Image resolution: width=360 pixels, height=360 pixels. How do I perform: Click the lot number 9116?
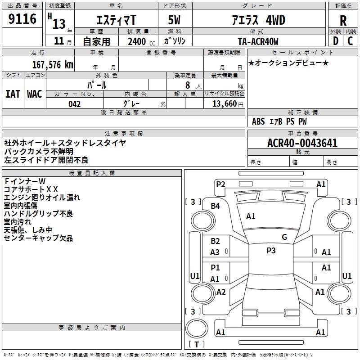(22, 19)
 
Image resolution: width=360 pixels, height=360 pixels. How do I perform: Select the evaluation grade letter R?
(343, 21)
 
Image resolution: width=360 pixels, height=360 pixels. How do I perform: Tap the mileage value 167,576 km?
(53, 64)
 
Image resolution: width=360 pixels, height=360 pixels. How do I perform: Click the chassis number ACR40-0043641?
(302, 143)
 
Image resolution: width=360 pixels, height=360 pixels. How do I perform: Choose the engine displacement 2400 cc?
(139, 41)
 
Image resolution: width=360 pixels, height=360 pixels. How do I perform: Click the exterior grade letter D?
(335, 41)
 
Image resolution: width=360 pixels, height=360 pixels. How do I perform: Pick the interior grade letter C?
(350, 41)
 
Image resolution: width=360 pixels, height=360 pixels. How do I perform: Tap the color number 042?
(74, 104)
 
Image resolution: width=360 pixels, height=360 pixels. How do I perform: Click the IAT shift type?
(13, 94)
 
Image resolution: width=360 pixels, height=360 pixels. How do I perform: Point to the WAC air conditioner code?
(34, 94)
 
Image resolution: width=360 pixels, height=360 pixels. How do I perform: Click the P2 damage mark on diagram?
(220, 184)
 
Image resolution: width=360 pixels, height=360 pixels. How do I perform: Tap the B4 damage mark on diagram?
(216, 206)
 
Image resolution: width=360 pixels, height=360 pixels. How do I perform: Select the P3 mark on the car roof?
(271, 251)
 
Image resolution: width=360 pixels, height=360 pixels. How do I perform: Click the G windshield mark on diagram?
(284, 237)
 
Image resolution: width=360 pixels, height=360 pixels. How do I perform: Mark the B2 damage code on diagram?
(216, 241)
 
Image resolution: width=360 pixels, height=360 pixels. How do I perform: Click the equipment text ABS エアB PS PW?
(279, 121)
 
